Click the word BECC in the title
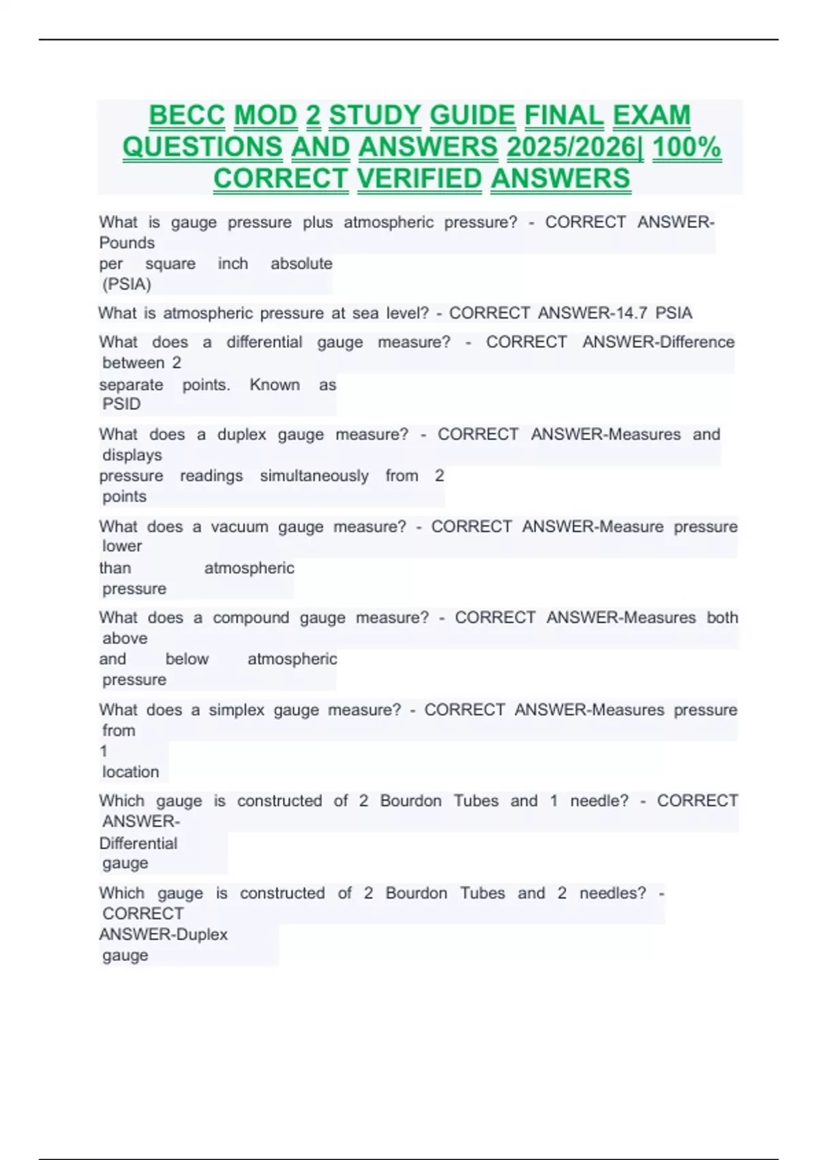[x=186, y=115]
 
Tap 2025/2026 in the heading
[x=574, y=147]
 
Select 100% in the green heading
[x=686, y=147]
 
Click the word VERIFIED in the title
[x=419, y=179]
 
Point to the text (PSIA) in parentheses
[x=127, y=284]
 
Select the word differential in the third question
[x=264, y=342]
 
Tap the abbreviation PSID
[x=121, y=404]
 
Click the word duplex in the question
[x=241, y=435]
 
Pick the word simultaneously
[x=314, y=476]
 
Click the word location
[x=130, y=772]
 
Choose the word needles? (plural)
[x=612, y=893]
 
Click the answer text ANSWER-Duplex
[x=164, y=934]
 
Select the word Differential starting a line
[x=138, y=843]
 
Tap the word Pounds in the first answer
[x=127, y=243]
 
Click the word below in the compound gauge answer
[x=187, y=659]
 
